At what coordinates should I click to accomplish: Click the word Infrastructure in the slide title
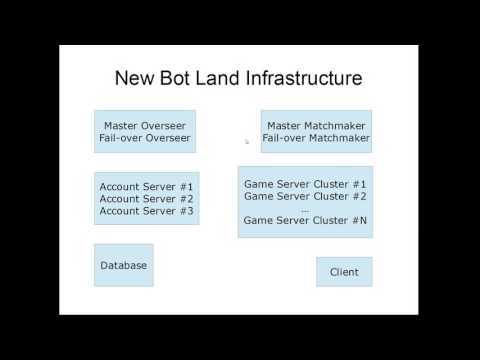click(x=305, y=77)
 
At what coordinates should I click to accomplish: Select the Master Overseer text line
click(x=145, y=126)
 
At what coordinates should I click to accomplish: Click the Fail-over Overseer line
click(x=145, y=138)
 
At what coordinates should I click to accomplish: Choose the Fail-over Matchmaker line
click(x=316, y=138)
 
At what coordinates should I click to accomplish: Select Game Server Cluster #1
click(x=305, y=184)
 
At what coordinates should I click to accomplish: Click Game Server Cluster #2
click(x=305, y=196)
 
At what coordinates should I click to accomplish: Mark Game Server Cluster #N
click(x=305, y=220)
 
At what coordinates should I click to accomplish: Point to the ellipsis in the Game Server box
click(x=305, y=208)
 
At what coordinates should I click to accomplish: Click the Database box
click(x=124, y=265)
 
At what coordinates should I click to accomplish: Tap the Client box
click(x=344, y=272)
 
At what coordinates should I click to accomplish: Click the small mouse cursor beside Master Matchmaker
click(x=246, y=142)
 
